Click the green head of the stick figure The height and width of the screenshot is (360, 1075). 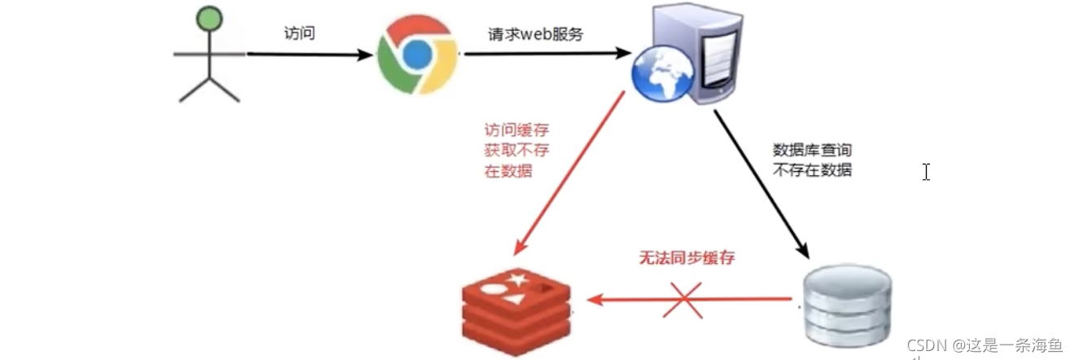coord(210,18)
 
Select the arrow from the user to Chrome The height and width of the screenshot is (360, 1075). coord(309,55)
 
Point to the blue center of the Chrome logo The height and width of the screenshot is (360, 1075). coord(416,55)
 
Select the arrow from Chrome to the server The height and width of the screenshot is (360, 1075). coord(546,55)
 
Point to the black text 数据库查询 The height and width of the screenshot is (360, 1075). coord(812,151)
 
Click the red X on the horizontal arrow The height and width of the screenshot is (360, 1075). coord(687,299)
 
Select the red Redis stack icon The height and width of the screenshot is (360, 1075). coord(515,310)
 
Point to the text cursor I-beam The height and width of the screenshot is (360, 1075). coord(925,172)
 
